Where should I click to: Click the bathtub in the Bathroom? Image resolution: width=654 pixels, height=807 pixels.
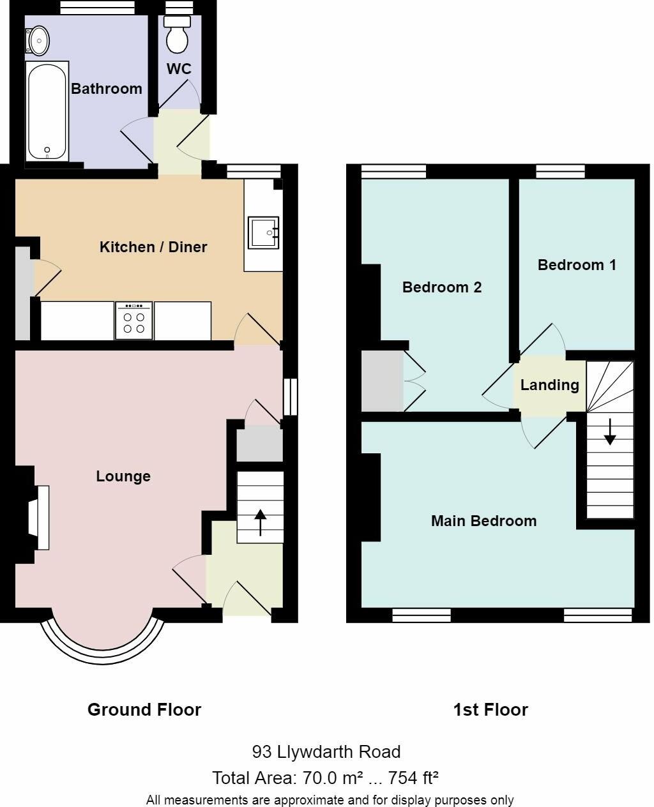pyautogui.click(x=47, y=112)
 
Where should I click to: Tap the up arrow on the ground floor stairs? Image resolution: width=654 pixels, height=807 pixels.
pyautogui.click(x=261, y=522)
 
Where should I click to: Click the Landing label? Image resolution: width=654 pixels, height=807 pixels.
pyautogui.click(x=549, y=385)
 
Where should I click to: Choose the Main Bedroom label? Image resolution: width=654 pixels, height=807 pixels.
pyautogui.click(x=483, y=521)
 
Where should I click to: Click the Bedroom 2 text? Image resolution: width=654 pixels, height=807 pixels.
pyautogui.click(x=441, y=287)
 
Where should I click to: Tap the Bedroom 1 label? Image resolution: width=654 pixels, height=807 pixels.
pyautogui.click(x=577, y=265)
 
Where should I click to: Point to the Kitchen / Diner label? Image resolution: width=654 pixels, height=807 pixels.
pyautogui.click(x=153, y=247)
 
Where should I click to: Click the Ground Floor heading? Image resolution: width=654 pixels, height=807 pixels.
pyautogui.click(x=144, y=710)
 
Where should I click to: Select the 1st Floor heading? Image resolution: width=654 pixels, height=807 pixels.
pyautogui.click(x=490, y=710)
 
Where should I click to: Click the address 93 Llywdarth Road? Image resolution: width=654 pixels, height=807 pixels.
pyautogui.click(x=326, y=752)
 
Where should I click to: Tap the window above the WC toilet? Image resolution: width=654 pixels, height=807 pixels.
pyautogui.click(x=174, y=8)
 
